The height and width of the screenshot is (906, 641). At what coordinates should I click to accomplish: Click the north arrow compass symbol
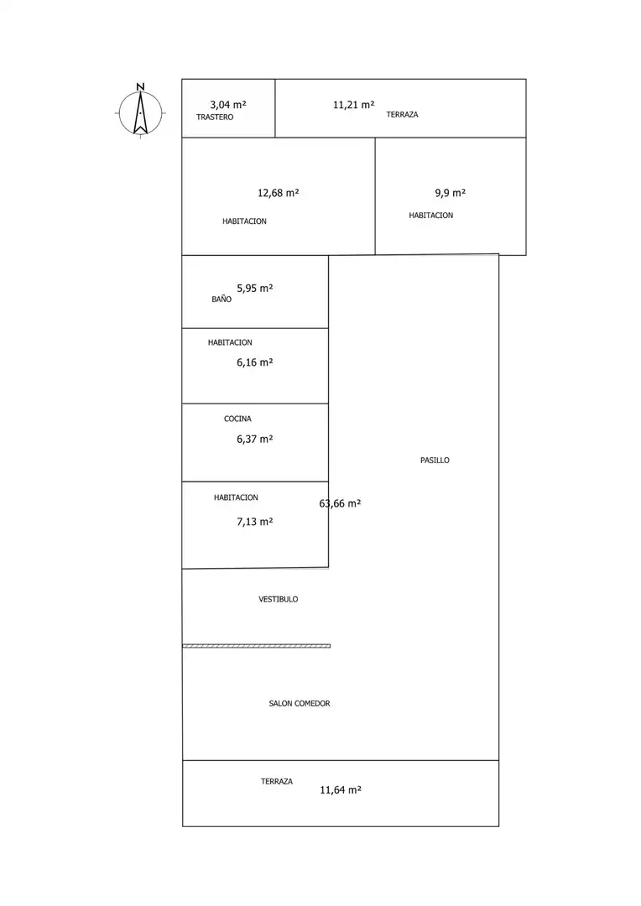140,113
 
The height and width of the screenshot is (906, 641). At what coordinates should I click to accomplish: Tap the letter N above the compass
140,86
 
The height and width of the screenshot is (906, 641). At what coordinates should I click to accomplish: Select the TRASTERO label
215,117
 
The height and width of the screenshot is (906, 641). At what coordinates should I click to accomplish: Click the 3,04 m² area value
227,105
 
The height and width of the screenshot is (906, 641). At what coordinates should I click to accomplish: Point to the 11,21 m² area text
354,105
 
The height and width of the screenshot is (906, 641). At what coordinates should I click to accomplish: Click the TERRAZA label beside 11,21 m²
402,114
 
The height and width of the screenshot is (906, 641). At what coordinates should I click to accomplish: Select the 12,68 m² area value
278,193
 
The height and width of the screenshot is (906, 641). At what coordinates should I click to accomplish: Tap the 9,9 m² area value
451,193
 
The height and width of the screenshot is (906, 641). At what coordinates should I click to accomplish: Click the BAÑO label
221,299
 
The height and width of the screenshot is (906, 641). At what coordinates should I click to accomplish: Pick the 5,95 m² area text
255,289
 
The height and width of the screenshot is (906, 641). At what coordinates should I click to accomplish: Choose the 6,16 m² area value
255,362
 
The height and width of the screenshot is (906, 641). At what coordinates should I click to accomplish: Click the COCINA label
237,419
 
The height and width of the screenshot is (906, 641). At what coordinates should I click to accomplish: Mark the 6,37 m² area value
255,439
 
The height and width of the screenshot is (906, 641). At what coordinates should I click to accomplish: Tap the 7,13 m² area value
255,522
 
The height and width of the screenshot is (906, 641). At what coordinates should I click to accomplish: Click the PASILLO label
435,460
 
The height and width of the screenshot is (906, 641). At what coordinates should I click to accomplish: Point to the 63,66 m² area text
340,504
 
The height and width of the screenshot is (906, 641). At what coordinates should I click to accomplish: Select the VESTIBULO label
278,599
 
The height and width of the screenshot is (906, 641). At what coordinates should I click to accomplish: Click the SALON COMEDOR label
300,703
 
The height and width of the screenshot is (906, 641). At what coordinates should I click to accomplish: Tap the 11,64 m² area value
341,790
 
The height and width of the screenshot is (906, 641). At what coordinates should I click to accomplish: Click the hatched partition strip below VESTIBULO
257,646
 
